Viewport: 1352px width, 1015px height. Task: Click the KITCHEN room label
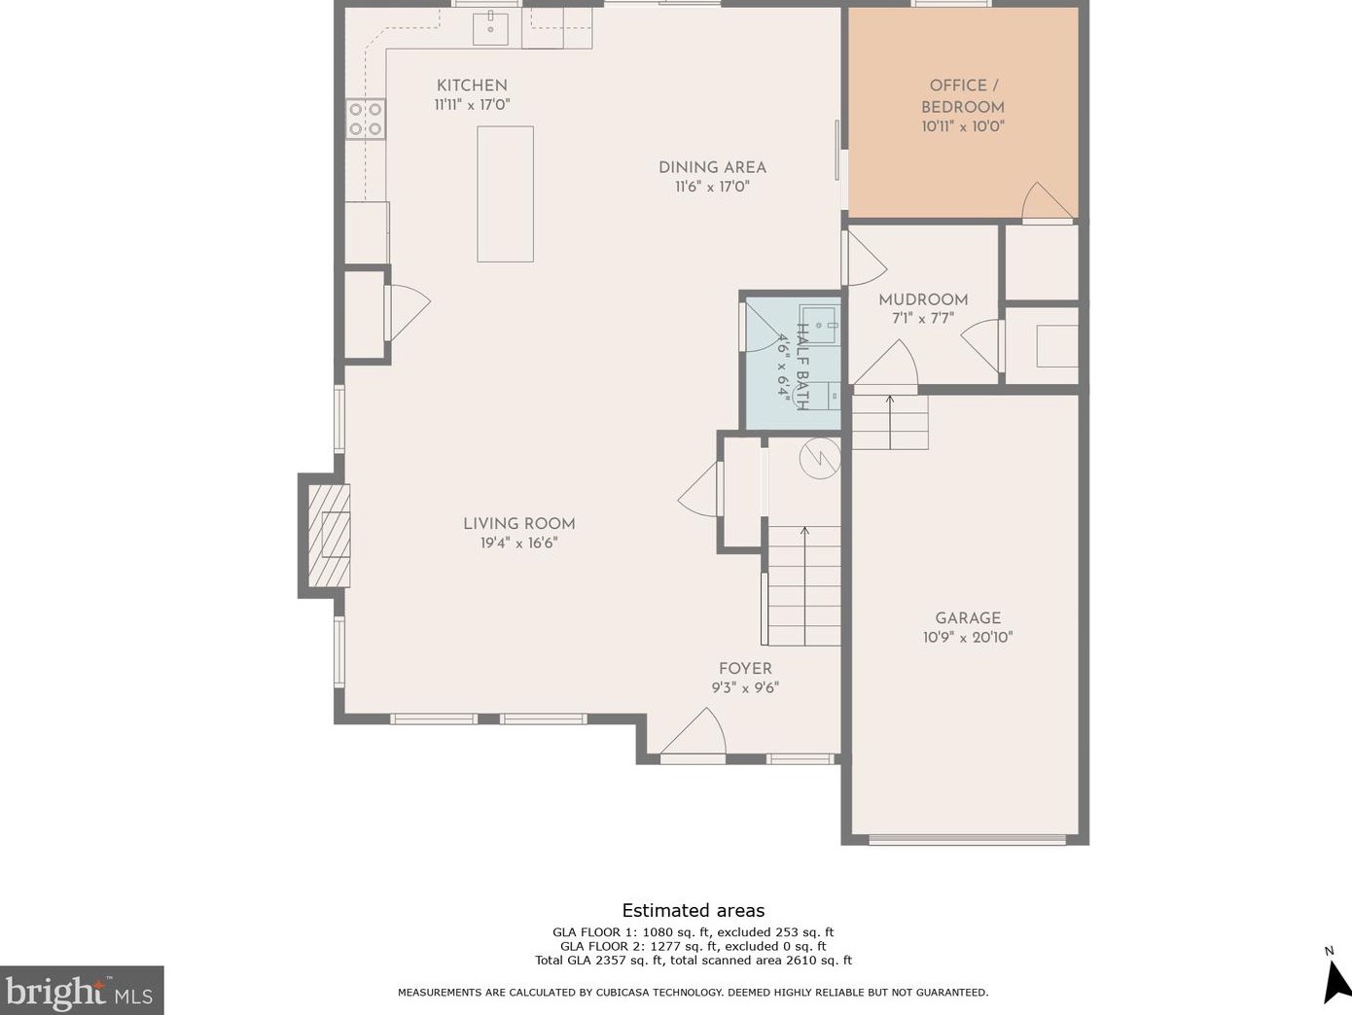click(x=472, y=86)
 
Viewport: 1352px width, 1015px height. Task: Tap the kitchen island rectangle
click(x=505, y=193)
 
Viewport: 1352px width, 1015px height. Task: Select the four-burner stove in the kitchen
click(x=366, y=119)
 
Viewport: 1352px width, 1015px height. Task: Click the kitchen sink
click(x=491, y=28)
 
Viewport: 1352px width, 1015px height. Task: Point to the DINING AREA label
click(x=712, y=167)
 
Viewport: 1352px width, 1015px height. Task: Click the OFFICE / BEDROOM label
click(x=963, y=96)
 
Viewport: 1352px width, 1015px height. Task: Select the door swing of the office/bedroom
click(x=1046, y=202)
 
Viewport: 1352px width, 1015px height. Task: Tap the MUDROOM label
click(x=923, y=299)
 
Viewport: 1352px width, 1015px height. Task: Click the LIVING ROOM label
click(x=518, y=524)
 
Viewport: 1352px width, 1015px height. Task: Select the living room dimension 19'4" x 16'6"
click(x=518, y=543)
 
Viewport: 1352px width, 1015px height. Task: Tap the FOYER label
click(x=745, y=669)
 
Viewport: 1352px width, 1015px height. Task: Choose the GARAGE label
click(x=968, y=618)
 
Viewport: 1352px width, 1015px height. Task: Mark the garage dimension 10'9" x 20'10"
click(x=968, y=638)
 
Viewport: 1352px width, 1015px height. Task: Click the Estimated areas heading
click(x=694, y=911)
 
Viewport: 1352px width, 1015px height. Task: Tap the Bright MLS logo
click(x=82, y=991)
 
